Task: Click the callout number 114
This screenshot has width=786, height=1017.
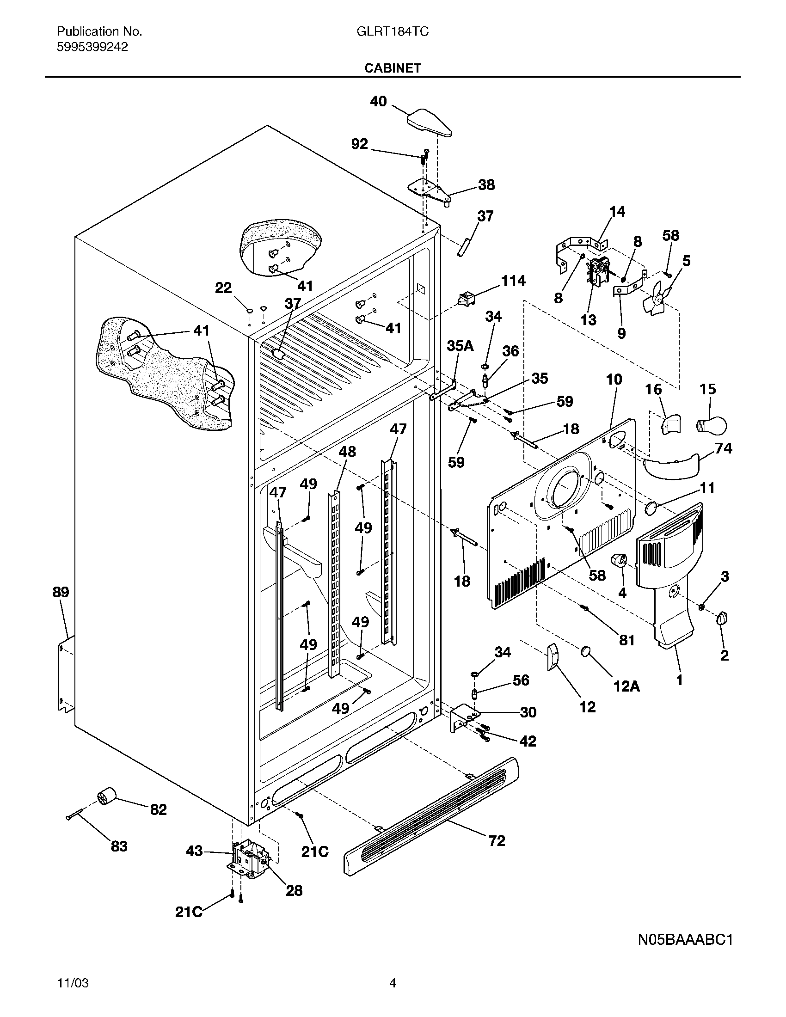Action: (x=513, y=281)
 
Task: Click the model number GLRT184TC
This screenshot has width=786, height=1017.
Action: (x=393, y=31)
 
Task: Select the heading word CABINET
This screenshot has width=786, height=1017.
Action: (x=393, y=68)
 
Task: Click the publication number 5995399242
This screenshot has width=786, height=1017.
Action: (x=92, y=47)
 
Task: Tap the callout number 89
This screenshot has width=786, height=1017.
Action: (x=61, y=592)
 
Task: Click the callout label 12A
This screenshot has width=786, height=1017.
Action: (x=627, y=686)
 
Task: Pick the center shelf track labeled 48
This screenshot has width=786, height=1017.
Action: (x=334, y=582)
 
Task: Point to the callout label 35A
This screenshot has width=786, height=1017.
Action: (x=460, y=346)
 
